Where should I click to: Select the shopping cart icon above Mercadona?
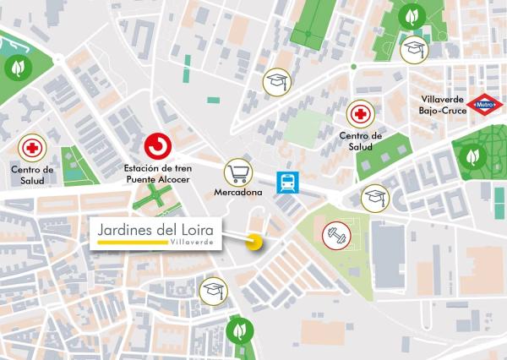click(237, 172)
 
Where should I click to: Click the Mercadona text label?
click(237, 193)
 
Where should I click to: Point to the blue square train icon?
click(287, 181)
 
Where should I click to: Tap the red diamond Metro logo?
click(485, 106)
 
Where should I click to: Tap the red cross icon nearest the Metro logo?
click(360, 114)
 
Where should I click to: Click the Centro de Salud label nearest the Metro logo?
click(360, 141)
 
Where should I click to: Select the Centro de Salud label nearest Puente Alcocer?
click(32, 175)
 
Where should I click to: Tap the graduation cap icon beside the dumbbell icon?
click(374, 199)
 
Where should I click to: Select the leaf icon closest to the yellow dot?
click(242, 329)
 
